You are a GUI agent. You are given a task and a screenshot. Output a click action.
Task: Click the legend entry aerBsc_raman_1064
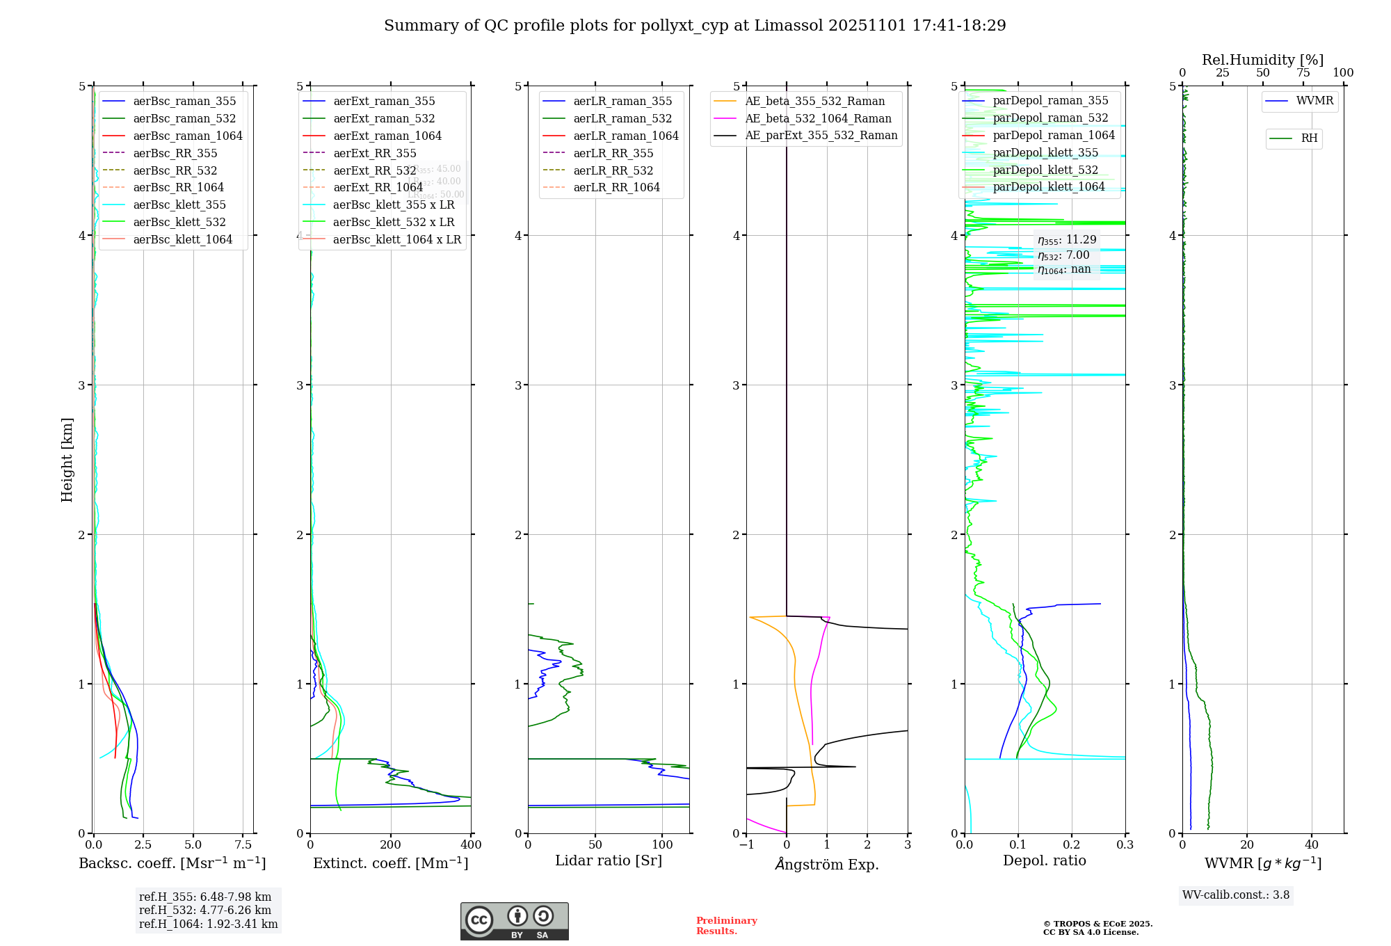point(188,136)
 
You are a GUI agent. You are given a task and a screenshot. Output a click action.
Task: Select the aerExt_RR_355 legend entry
point(375,153)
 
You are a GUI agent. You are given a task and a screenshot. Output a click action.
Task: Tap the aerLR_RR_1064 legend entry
point(616,187)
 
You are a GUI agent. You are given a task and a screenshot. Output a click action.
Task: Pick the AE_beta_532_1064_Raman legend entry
point(818,118)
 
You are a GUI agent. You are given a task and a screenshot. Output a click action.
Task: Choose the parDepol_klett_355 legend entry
point(1045,152)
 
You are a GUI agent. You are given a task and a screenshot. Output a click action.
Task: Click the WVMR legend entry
point(1314,101)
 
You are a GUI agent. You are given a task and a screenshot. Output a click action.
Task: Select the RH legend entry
point(1309,138)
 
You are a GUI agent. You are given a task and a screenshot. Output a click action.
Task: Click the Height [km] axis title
point(67,460)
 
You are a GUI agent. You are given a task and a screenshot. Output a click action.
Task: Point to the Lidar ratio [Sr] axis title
point(609,860)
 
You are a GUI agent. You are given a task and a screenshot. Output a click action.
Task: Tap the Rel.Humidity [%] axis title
point(1262,60)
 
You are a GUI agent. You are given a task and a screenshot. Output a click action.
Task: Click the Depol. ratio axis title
point(1044,860)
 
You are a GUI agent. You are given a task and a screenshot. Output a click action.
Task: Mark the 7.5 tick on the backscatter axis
point(243,844)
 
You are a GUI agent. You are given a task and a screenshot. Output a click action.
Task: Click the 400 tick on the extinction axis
point(471,844)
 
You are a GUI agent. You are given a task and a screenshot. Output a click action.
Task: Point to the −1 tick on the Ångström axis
point(746,844)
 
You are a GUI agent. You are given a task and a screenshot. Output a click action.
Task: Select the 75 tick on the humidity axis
point(1303,73)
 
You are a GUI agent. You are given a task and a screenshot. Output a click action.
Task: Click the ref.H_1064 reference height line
point(208,924)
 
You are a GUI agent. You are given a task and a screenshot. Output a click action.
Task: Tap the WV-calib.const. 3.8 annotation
point(1236,895)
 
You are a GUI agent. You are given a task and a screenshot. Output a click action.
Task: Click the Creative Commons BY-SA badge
point(514,921)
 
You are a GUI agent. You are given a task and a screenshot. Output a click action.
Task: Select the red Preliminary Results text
point(726,925)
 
